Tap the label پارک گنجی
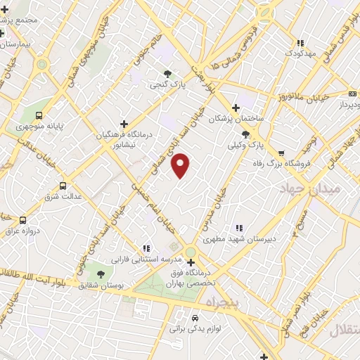click(x=163, y=84)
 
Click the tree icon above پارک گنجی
click(x=167, y=72)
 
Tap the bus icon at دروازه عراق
click(x=23, y=219)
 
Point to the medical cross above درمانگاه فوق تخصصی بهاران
click(x=191, y=262)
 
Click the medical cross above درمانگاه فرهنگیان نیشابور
click(x=124, y=123)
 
